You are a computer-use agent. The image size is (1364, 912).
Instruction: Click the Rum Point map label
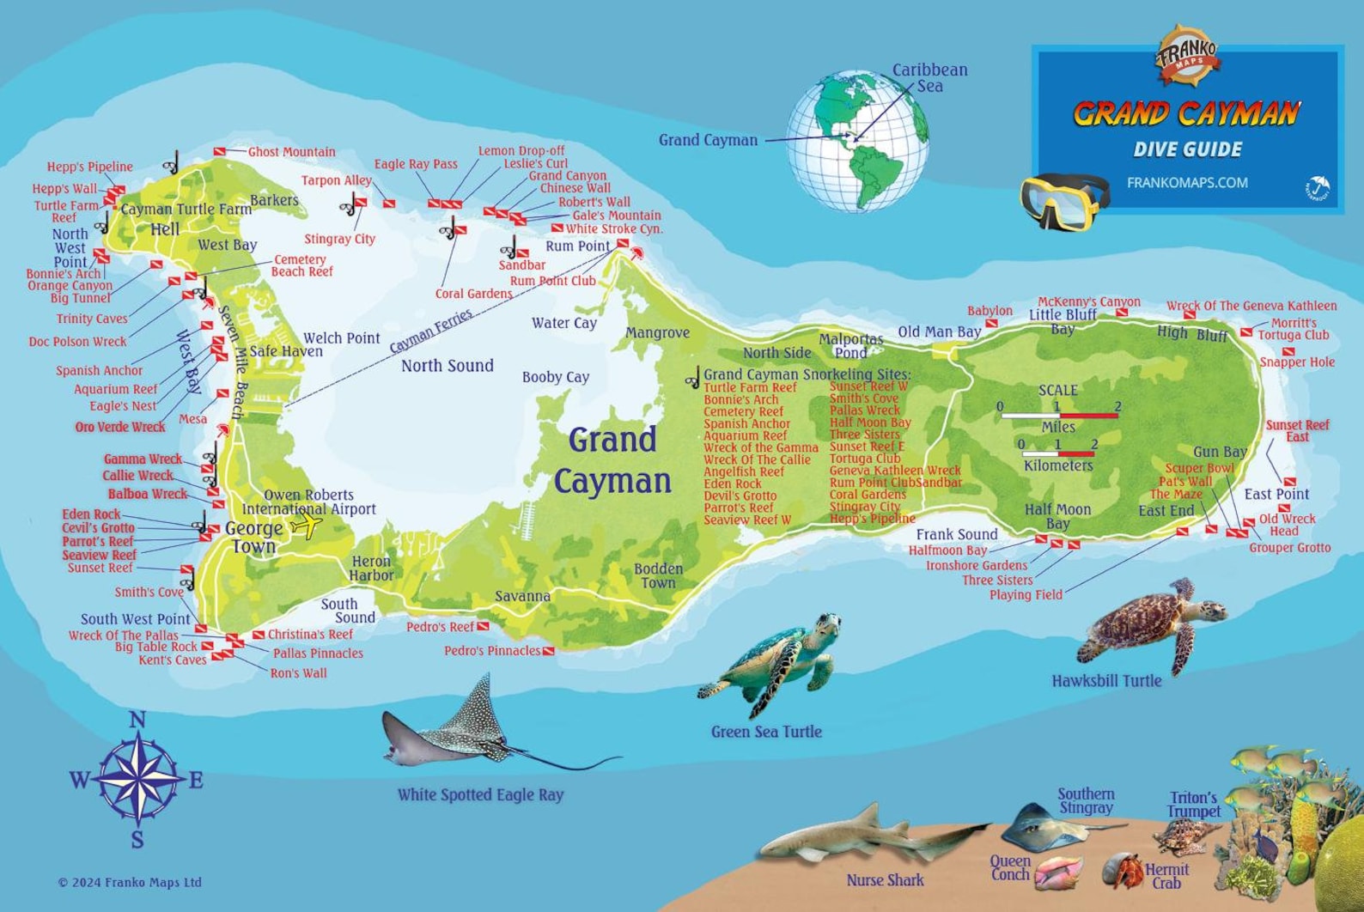[577, 246]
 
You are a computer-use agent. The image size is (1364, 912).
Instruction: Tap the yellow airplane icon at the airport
[304, 525]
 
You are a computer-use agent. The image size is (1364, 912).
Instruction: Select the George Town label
[253, 538]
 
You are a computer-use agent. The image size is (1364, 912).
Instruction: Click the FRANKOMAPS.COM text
[1187, 183]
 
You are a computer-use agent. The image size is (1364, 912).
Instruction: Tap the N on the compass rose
[137, 720]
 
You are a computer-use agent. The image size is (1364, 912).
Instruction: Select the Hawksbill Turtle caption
[1106, 681]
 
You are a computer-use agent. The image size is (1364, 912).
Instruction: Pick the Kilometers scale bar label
[1058, 465]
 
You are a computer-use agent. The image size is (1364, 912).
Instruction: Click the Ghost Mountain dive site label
[291, 152]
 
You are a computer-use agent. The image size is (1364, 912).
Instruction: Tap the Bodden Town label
[658, 575]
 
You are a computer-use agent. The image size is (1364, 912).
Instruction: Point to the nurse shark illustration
[859, 835]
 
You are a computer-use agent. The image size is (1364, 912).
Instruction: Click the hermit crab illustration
[1122, 871]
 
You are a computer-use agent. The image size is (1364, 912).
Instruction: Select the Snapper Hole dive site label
[1297, 362]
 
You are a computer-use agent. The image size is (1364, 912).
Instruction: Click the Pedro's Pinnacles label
[492, 651]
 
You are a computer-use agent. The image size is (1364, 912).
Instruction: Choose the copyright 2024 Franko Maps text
[130, 882]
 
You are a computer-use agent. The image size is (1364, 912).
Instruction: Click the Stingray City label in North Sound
[339, 239]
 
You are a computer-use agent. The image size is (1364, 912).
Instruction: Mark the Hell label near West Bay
[165, 229]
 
